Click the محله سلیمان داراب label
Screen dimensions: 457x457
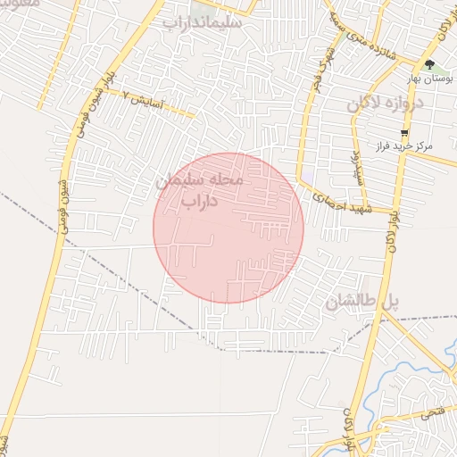coord(212,189)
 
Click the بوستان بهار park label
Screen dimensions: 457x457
coord(430,79)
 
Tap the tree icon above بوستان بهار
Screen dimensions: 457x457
coord(429,65)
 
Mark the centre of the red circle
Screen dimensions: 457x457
coord(228,228)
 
